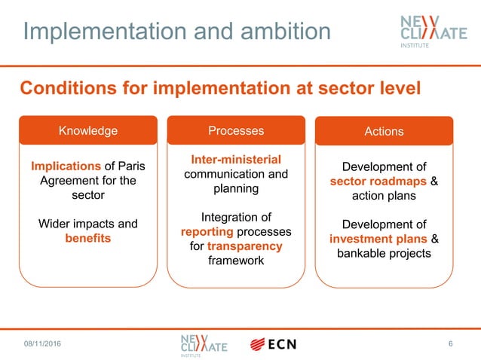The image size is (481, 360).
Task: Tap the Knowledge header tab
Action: pos(88,130)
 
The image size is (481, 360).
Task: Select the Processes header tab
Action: pos(236,130)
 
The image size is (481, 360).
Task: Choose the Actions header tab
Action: pos(384,131)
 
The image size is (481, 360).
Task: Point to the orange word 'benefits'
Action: pos(88,238)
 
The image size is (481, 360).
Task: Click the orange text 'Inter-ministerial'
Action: pos(236,160)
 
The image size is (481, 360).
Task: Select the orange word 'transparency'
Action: pos(246,246)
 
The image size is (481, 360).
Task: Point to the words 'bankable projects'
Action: pos(384,253)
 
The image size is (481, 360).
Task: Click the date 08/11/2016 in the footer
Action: pos(42,344)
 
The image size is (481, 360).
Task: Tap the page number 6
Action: pos(450,344)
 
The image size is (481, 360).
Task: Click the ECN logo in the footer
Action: pos(273,344)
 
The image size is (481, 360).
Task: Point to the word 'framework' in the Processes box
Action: pos(236,261)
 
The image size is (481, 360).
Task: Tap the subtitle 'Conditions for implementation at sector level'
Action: pos(219,88)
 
